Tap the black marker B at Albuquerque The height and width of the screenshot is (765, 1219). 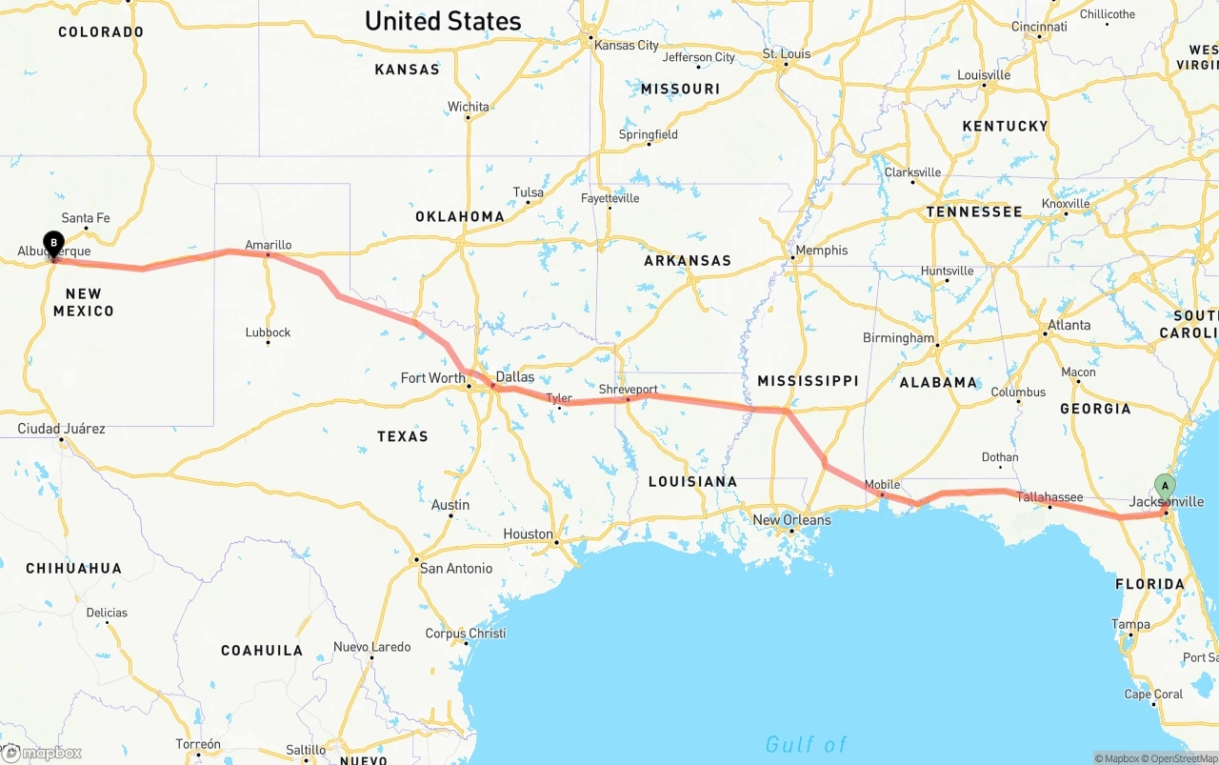click(53, 243)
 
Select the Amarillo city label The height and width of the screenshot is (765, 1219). click(269, 245)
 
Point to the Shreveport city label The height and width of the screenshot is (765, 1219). click(629, 390)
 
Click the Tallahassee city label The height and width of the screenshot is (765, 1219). click(1049, 497)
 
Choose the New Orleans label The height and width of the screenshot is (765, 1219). click(791, 520)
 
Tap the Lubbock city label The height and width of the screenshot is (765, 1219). click(268, 332)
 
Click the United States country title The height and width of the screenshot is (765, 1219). click(443, 21)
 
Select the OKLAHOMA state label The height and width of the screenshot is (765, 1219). click(460, 216)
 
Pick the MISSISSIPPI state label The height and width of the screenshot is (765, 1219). click(808, 381)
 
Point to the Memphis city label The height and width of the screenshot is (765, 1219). click(822, 251)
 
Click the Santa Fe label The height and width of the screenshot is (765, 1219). click(86, 218)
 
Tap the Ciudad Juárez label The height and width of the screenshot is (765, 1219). click(61, 429)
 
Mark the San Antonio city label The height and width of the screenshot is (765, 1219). click(456, 569)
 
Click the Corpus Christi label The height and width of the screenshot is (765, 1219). click(466, 634)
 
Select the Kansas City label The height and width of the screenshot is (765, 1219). click(626, 45)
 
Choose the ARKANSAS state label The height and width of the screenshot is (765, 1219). click(688, 260)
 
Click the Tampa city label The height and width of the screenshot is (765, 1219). click(1130, 625)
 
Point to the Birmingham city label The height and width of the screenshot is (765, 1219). click(898, 338)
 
